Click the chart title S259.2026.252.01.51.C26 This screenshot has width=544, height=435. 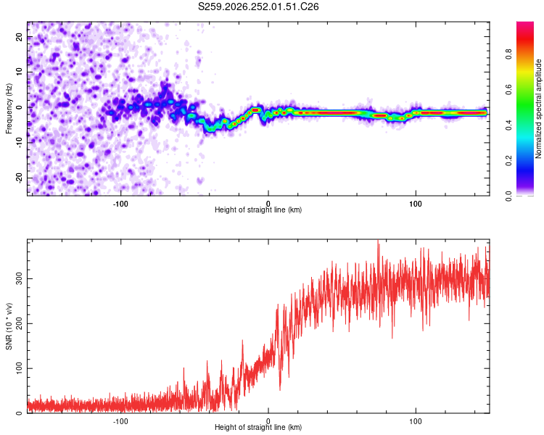coord(258,7)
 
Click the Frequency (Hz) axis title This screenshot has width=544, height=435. coord(9,109)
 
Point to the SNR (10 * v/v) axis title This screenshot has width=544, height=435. coord(9,326)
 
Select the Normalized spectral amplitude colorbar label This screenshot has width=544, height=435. coord(538,109)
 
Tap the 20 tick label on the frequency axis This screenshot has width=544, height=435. coord(19,37)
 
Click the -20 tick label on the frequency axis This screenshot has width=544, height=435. coord(19,178)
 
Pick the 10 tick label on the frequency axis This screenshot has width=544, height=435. coord(19,72)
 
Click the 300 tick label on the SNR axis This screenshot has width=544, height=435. coord(19,278)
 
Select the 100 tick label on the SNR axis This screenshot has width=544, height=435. coord(19,368)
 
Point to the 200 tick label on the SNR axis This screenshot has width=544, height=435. coord(19,323)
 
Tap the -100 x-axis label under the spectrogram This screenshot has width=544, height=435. coord(120,204)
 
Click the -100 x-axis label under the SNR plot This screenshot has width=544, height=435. coord(120,421)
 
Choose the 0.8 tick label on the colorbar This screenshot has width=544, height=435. coord(508,54)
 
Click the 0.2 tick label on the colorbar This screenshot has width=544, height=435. coord(508,161)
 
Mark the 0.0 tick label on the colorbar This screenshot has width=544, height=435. coord(508,196)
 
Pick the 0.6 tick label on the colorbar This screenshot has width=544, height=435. coord(508,89)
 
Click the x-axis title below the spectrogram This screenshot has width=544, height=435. coord(258,210)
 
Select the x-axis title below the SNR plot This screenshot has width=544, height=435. coord(258,427)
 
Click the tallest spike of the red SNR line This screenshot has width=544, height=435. coord(378,241)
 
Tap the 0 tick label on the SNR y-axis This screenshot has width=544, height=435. coord(19,413)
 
